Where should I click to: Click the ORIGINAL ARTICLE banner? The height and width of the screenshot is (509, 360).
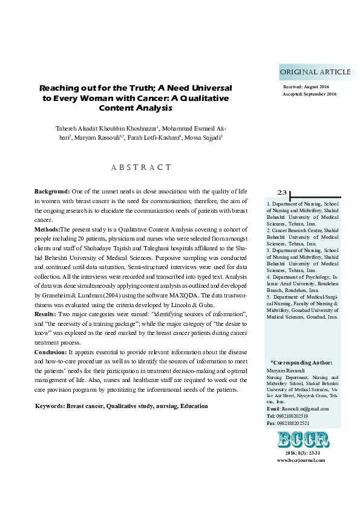(315, 72)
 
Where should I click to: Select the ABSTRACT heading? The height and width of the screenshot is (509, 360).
(141, 167)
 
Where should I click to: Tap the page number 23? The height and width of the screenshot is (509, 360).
(283, 192)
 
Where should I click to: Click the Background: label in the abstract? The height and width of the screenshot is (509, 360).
(53, 191)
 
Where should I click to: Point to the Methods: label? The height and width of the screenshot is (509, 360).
(47, 230)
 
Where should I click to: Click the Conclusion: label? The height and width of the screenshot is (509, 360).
(51, 351)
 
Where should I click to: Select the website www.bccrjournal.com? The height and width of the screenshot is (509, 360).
(301, 460)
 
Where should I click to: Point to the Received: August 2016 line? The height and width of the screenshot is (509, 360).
(306, 88)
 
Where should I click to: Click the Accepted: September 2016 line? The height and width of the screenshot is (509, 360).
(309, 94)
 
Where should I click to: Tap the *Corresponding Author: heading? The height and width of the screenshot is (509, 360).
(301, 362)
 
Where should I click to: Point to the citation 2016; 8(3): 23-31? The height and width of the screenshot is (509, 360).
(301, 453)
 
